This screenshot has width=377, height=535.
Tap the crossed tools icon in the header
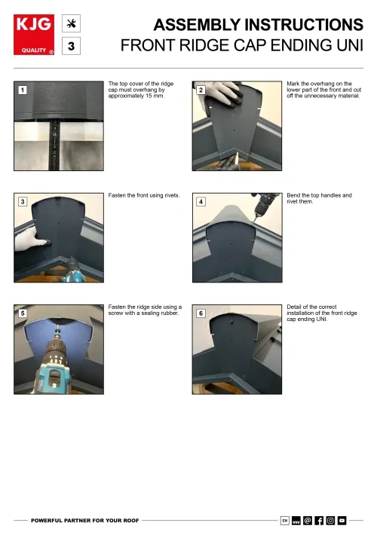(x=71, y=23)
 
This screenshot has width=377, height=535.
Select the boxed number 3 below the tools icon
(x=71, y=47)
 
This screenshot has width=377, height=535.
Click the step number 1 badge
(x=23, y=90)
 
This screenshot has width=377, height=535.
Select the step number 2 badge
(x=201, y=90)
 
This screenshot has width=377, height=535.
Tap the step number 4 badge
(x=201, y=202)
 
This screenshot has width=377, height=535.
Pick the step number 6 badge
(x=201, y=313)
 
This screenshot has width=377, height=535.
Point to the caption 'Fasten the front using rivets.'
(x=144, y=195)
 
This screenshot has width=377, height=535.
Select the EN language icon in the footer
(x=284, y=520)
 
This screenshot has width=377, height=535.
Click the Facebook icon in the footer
(x=319, y=520)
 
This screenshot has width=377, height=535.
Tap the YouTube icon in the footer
(x=342, y=520)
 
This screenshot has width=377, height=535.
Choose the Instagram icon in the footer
(x=330, y=520)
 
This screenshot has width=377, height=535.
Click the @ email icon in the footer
(x=307, y=520)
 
